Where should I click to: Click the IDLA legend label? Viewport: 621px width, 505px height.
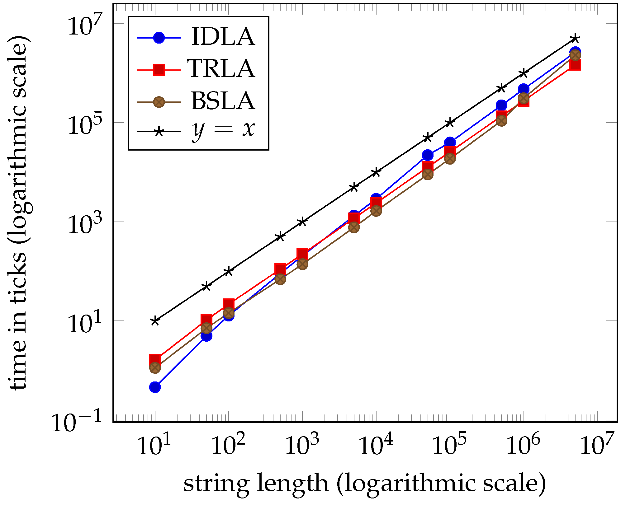[223, 37]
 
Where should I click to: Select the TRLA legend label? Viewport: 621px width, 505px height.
[221, 68]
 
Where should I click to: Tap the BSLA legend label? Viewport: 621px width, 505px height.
[223, 101]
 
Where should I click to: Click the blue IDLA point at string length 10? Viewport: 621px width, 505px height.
[155, 387]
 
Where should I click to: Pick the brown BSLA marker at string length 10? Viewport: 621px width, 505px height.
[155, 368]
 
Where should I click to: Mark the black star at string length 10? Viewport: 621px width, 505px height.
[155, 321]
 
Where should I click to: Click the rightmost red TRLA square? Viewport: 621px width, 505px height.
[575, 65]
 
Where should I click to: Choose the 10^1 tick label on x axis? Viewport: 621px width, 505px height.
[154, 446]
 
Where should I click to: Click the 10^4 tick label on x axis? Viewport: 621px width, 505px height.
[376, 446]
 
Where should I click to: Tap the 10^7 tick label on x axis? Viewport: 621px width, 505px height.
[597, 446]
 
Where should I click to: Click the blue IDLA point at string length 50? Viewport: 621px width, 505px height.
[206, 336]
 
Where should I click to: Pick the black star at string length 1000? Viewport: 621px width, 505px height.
[302, 222]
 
